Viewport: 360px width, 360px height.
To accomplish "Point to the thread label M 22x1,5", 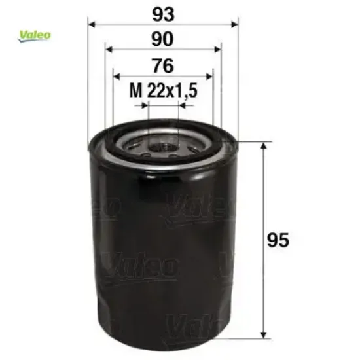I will click(163, 92).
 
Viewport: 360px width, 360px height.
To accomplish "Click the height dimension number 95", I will click(279, 240).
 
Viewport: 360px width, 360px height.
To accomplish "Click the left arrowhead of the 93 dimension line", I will click(92, 25).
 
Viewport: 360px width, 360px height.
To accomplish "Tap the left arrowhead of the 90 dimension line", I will click(109, 50).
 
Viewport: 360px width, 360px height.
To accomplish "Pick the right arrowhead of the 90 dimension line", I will click(219, 50).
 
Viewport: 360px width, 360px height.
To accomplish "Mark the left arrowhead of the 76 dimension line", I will click(117, 76).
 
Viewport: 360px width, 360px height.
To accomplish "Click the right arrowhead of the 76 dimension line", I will click(211, 76).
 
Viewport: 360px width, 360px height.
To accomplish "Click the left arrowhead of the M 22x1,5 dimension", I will click(145, 103).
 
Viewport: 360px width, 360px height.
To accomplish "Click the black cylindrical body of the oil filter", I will click(164, 249).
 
